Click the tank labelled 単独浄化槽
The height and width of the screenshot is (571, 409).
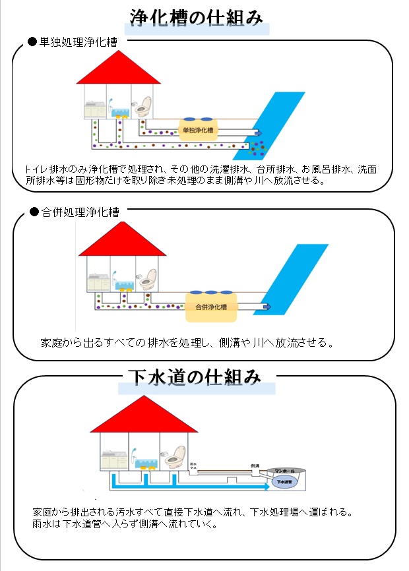tap(198, 130)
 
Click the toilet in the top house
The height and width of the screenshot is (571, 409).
tap(142, 107)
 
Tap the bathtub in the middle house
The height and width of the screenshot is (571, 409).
tap(122, 284)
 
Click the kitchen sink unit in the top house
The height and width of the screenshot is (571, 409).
tap(95, 109)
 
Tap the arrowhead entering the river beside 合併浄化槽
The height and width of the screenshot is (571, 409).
tap(267, 307)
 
